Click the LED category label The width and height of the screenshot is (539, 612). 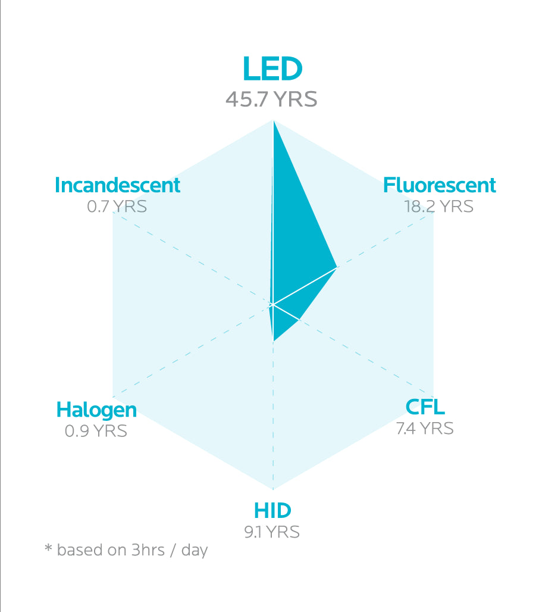(x=272, y=69)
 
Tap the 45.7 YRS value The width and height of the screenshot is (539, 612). (x=271, y=99)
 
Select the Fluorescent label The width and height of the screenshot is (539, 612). (x=439, y=185)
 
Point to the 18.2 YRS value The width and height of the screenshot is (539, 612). (x=438, y=206)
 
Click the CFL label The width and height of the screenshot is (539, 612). (x=425, y=407)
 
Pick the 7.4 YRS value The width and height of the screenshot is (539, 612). (x=425, y=428)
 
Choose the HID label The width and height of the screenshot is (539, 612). (x=272, y=511)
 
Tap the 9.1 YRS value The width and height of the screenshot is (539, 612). (x=272, y=532)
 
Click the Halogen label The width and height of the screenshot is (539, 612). (x=96, y=410)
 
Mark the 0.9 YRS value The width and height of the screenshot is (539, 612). (x=96, y=430)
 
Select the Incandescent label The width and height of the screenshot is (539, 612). (x=117, y=185)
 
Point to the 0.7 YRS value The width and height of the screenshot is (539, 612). (x=117, y=207)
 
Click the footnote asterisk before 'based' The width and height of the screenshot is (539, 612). (x=48, y=548)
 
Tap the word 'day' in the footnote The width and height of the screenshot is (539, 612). (x=195, y=550)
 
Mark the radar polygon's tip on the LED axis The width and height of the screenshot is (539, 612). (x=273, y=121)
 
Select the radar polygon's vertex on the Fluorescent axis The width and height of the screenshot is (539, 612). (x=337, y=267)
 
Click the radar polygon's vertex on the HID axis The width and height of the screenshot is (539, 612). (x=273, y=341)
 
